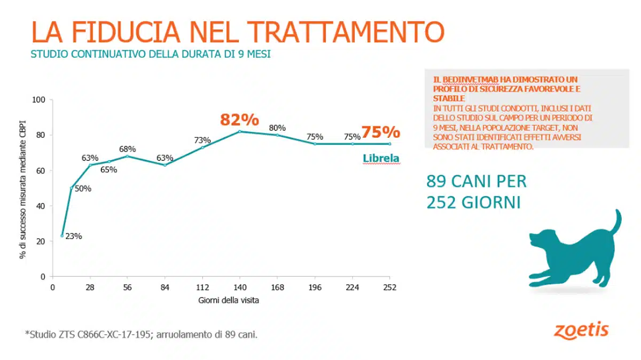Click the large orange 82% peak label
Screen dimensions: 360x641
click(240, 120)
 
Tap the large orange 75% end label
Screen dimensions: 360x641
click(381, 132)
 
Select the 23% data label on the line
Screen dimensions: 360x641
click(74, 236)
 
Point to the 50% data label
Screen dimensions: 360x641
click(83, 189)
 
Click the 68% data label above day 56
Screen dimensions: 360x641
click(127, 149)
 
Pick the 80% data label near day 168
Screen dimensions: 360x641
click(277, 128)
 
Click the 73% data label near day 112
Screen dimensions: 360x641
click(202, 140)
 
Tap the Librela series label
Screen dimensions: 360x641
click(381, 159)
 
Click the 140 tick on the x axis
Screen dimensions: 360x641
click(239, 287)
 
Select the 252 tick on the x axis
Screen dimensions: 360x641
click(389, 287)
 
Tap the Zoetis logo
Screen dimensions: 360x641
click(581, 330)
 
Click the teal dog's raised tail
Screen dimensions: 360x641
click(616, 222)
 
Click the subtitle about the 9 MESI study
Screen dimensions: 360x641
click(151, 54)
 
